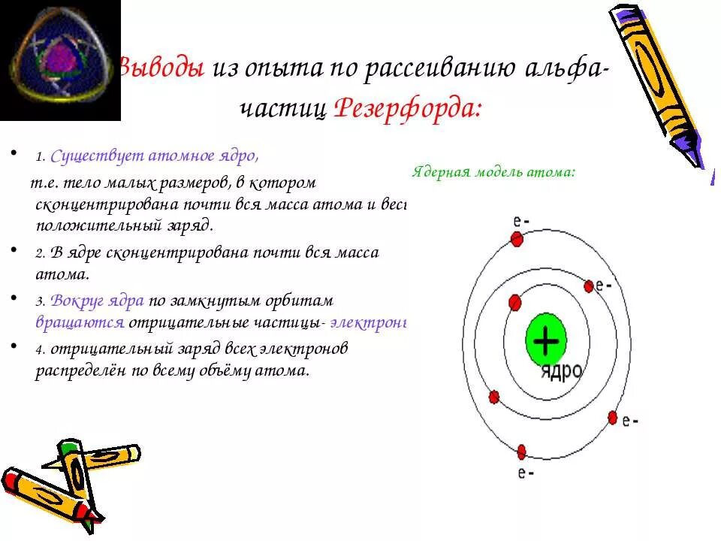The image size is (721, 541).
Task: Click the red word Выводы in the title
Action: [161, 68]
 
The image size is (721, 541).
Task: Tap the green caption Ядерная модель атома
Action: [493, 171]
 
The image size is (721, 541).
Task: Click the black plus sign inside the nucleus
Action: [545, 342]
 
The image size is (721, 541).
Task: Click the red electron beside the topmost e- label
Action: [517, 239]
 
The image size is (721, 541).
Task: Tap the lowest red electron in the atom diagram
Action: [521, 452]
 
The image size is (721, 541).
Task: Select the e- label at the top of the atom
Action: [521, 221]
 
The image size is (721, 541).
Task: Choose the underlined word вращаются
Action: [80, 322]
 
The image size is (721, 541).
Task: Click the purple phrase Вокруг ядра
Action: [98, 301]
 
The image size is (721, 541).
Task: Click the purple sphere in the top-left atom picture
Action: [59, 59]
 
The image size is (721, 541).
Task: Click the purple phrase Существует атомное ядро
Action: [155, 156]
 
